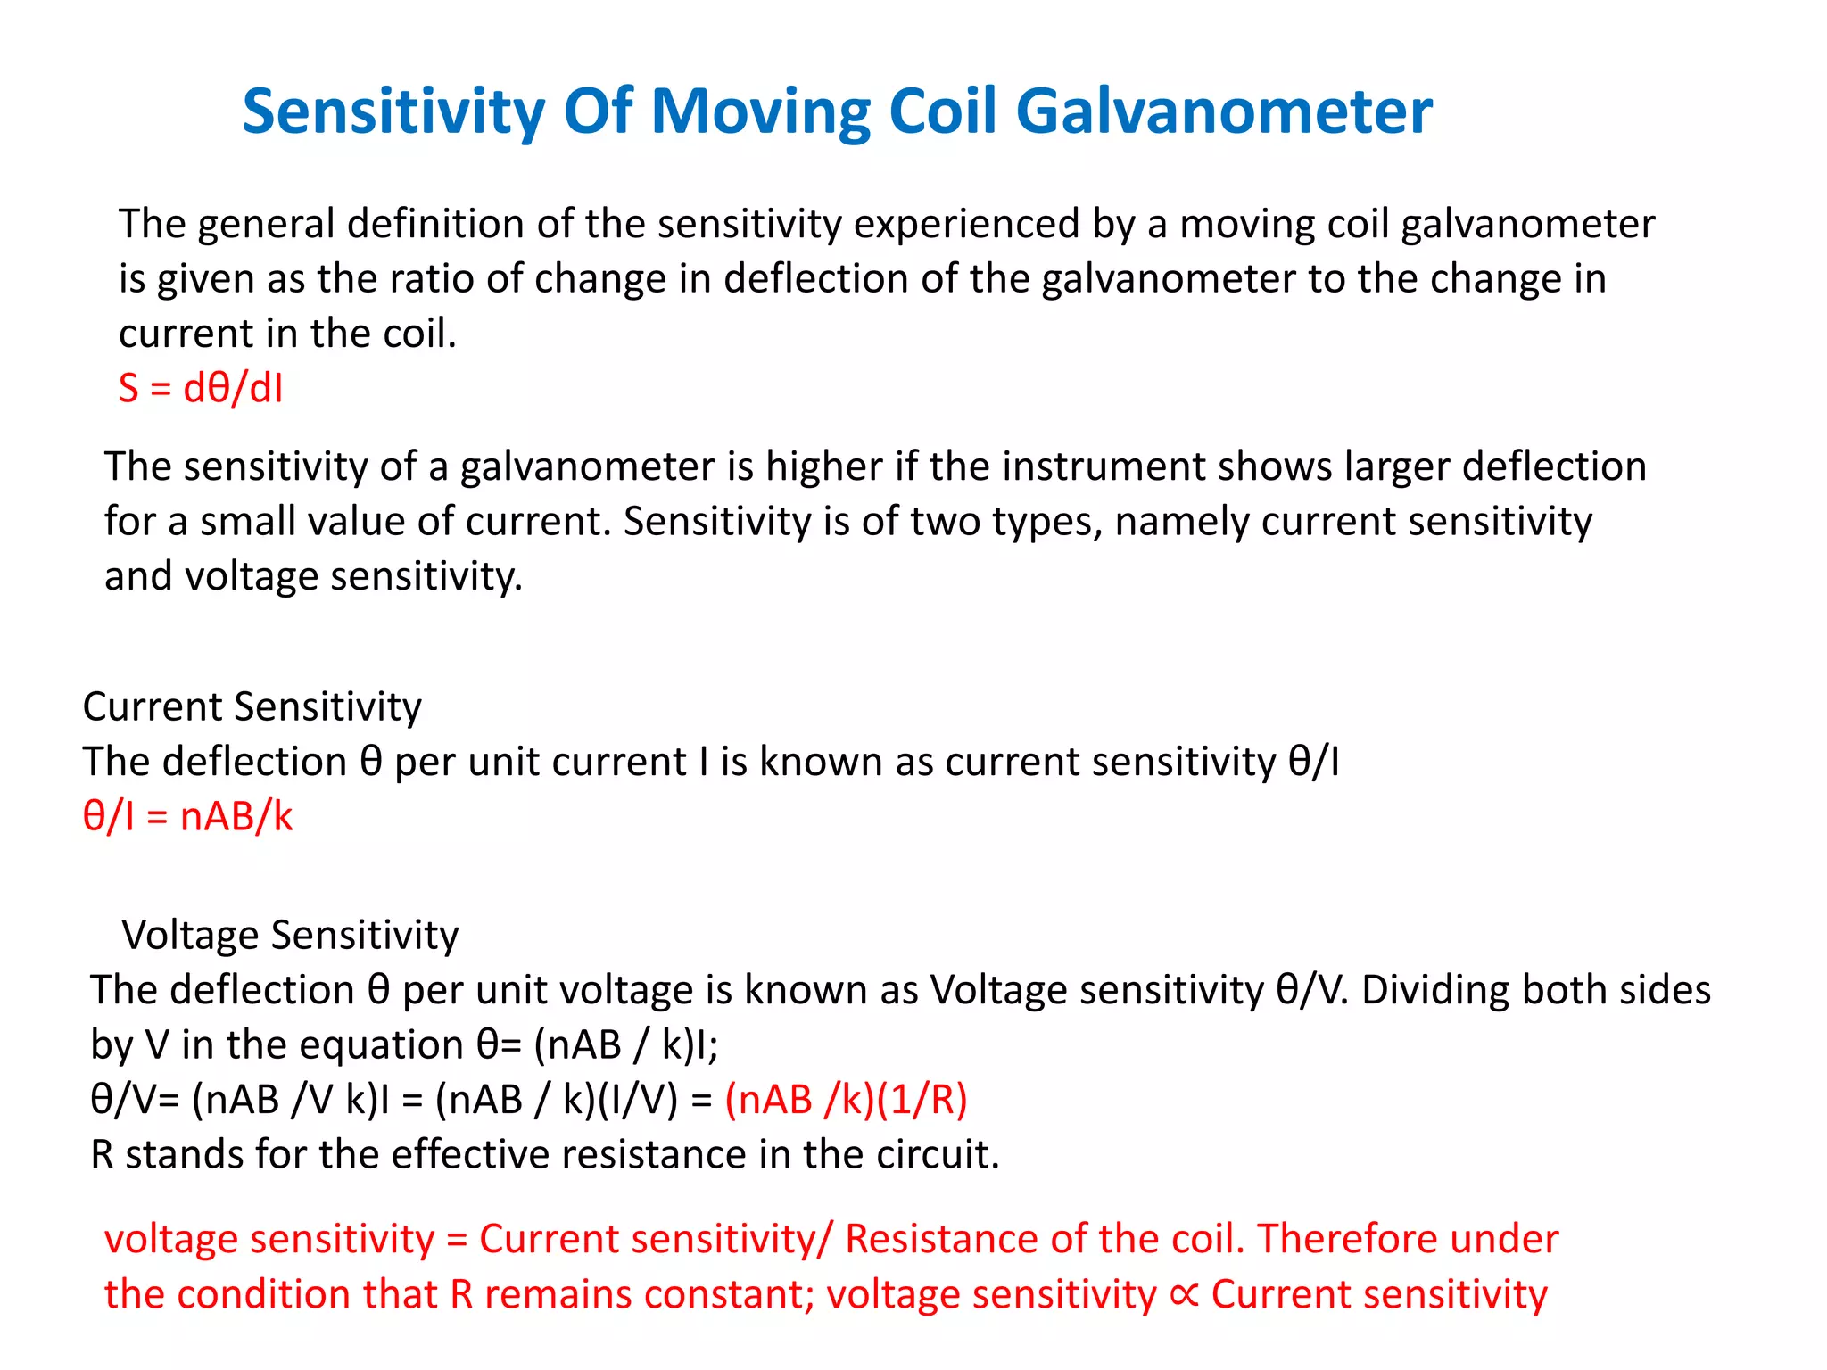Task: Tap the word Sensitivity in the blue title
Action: (x=393, y=112)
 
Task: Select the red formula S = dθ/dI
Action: (x=201, y=389)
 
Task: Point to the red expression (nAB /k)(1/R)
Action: (x=846, y=1100)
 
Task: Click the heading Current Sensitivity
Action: (x=252, y=707)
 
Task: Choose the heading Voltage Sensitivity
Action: (x=290, y=936)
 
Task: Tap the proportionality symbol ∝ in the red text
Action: (x=1184, y=1294)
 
